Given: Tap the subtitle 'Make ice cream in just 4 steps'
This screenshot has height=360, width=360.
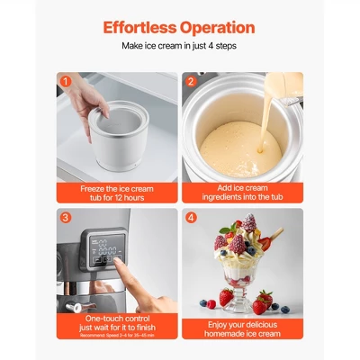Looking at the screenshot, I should click(x=179, y=45).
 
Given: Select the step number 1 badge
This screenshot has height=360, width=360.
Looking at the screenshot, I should click(x=65, y=81).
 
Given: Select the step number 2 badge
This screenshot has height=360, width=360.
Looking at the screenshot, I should click(x=191, y=81).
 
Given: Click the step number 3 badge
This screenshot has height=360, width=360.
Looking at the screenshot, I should click(x=65, y=217).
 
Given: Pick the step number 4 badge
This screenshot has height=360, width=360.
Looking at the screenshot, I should click(x=191, y=217).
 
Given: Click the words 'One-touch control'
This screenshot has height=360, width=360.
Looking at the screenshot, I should click(x=116, y=318).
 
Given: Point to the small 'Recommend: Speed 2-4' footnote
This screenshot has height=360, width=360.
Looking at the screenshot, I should click(x=116, y=335).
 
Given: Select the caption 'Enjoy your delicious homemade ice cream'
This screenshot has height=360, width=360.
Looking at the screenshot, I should click(x=242, y=327).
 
